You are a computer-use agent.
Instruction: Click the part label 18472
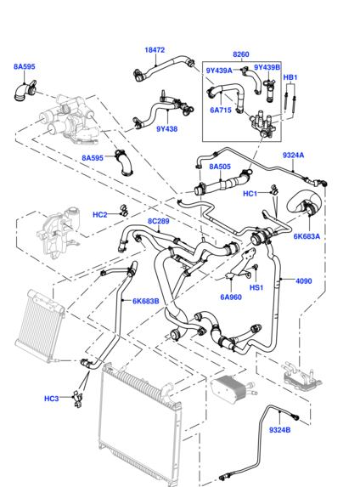(x=154, y=50)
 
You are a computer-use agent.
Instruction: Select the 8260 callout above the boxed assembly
(x=241, y=54)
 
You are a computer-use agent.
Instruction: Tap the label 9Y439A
(x=219, y=70)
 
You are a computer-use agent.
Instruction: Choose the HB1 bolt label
(x=290, y=78)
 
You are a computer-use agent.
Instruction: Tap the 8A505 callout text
(x=219, y=167)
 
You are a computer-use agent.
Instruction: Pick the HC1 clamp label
(x=250, y=194)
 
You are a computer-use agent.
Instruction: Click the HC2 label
(x=99, y=214)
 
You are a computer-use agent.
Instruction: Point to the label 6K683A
(x=307, y=236)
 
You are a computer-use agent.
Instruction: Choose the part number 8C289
(x=159, y=221)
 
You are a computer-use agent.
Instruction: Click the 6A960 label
(x=232, y=297)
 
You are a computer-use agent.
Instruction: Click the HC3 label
(x=52, y=399)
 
